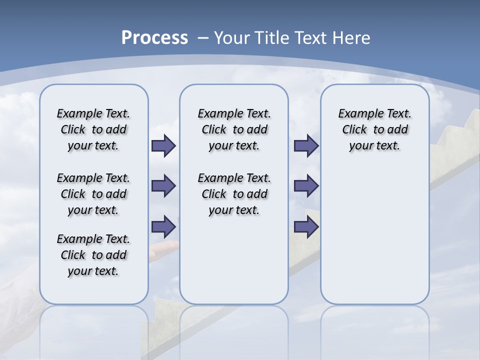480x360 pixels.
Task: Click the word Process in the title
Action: coord(154,38)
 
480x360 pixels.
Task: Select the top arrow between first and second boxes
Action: coord(163,146)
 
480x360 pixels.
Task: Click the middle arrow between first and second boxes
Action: coord(163,186)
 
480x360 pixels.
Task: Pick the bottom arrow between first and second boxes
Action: coord(163,226)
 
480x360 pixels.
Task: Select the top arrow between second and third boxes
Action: coord(306,146)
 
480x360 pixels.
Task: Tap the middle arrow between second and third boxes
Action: coord(306,186)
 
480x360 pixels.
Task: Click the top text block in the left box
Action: coord(93,129)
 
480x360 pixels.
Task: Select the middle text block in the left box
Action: coord(93,194)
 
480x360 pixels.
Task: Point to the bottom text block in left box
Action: coord(93,255)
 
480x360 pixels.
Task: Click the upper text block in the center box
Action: coord(234,129)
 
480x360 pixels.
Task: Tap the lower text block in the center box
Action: coord(234,194)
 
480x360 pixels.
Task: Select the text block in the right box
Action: coord(374,129)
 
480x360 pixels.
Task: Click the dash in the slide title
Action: coord(203,38)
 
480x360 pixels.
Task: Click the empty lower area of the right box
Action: coord(374,235)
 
